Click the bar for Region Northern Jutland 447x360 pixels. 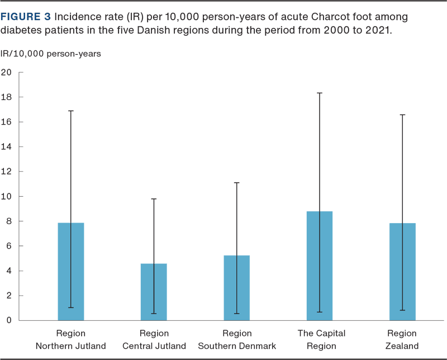click(x=71, y=271)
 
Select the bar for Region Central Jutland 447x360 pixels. click(x=154, y=292)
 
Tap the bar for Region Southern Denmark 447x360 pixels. click(x=236, y=287)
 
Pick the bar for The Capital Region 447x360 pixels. click(x=320, y=266)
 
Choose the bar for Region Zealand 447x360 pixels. click(x=402, y=272)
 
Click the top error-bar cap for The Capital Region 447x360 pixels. click(x=320, y=93)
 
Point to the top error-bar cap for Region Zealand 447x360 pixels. click(x=402, y=115)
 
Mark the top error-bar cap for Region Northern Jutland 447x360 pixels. click(x=71, y=111)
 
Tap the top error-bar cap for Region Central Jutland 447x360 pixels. click(x=154, y=198)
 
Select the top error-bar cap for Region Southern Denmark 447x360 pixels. click(x=236, y=182)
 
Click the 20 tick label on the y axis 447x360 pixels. click(x=7, y=72)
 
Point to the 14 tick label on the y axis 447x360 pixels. click(x=7, y=146)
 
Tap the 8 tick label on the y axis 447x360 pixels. click(x=8, y=221)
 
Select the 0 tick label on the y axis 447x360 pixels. click(x=8, y=320)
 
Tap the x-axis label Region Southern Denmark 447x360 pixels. click(x=236, y=339)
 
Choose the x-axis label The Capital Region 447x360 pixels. click(x=321, y=339)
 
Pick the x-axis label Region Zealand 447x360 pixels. click(x=402, y=339)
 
